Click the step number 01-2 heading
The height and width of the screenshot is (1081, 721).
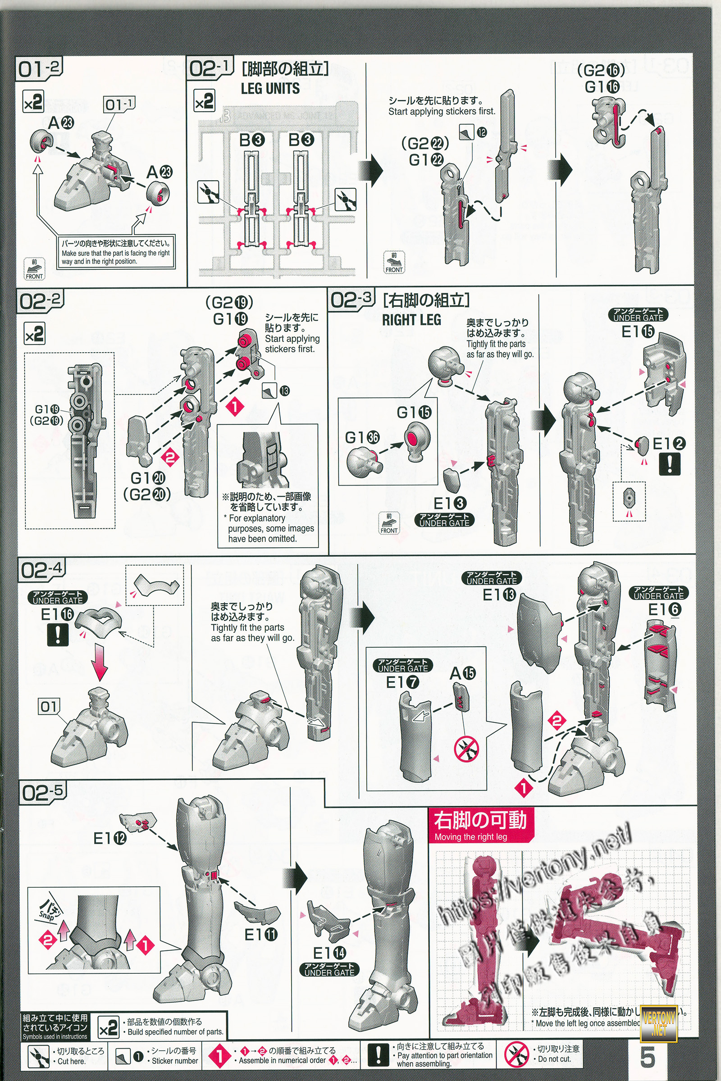point(39,68)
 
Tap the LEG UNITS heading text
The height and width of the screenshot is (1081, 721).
point(270,88)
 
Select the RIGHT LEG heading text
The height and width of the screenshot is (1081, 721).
point(411,320)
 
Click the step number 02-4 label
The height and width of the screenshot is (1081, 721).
point(42,570)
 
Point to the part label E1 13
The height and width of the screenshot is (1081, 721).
point(499,595)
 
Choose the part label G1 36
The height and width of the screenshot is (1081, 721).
point(362,437)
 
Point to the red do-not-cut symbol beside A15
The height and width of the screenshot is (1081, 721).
point(466,749)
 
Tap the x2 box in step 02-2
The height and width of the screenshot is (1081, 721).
point(35,334)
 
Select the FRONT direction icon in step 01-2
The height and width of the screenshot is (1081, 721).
point(34,269)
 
